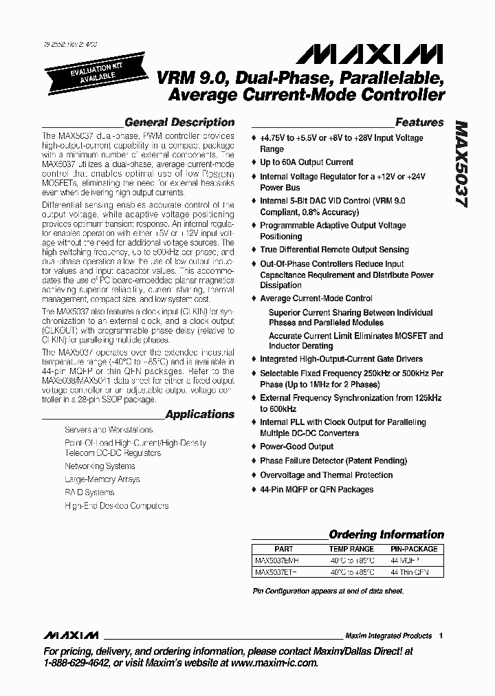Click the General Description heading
(179, 122)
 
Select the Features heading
(419, 122)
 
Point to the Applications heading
(200, 415)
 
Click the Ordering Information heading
(386, 534)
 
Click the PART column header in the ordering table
(283, 549)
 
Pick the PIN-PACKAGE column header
(413, 549)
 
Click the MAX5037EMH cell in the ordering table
(277, 561)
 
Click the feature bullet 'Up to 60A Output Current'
(307, 162)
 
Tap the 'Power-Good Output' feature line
(296, 446)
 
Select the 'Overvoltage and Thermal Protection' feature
(326, 475)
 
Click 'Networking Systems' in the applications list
(100, 466)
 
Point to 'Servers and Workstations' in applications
(109, 430)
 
